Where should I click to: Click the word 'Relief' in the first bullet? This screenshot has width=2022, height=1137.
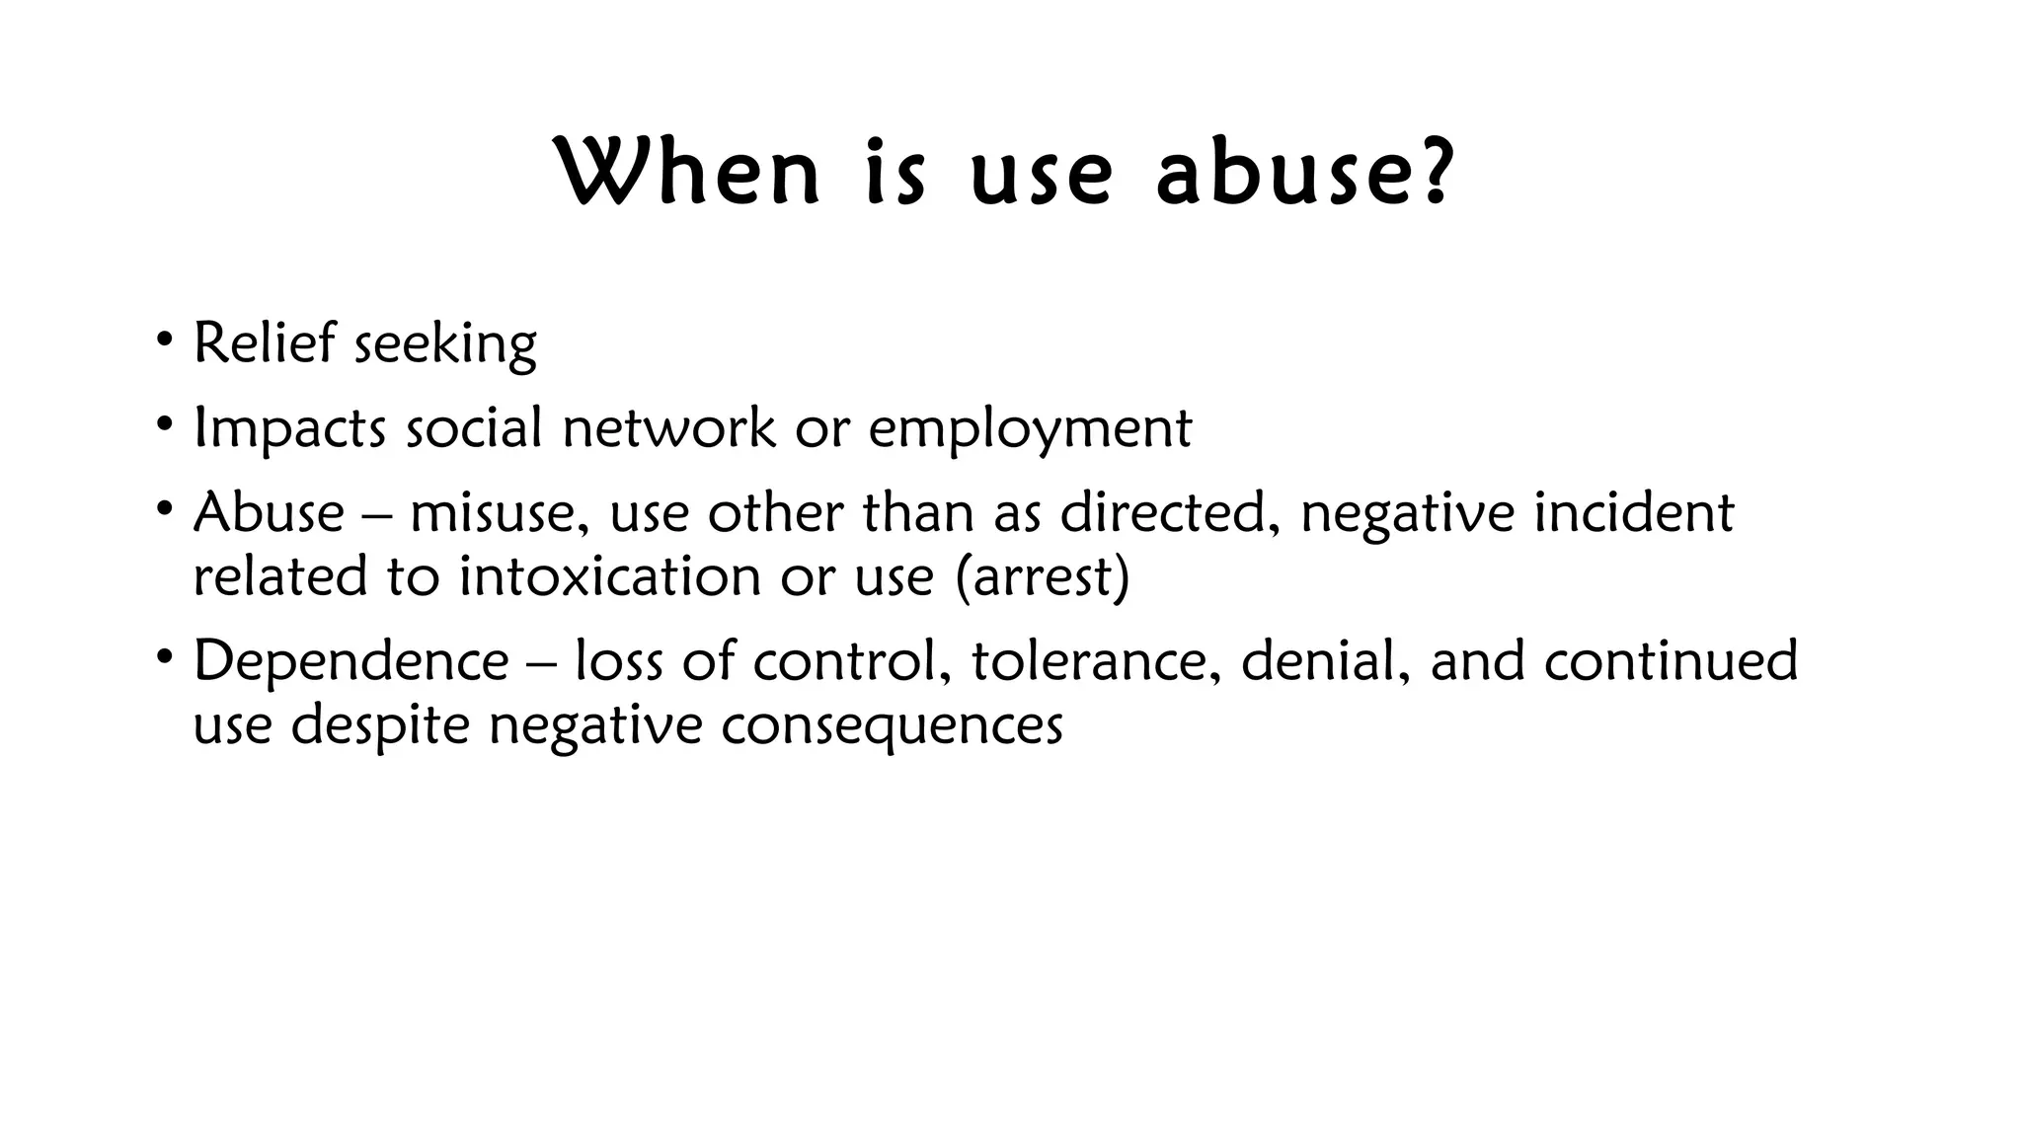click(x=264, y=343)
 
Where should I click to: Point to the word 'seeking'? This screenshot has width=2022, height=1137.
click(x=445, y=345)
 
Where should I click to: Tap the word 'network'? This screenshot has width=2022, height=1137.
click(x=668, y=428)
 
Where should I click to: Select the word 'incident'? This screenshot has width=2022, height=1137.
click(x=1633, y=513)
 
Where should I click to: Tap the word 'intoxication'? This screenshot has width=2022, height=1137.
click(x=609, y=576)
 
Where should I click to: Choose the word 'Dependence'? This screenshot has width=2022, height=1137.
click(x=350, y=660)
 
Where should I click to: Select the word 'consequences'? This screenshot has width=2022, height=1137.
click(x=891, y=725)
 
